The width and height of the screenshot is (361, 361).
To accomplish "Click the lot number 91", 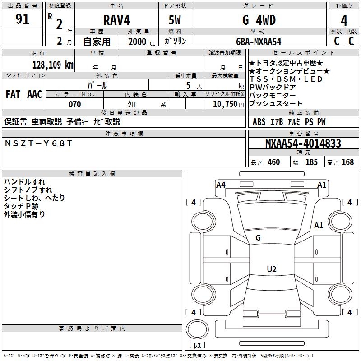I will pyautogui.click(x=23, y=19).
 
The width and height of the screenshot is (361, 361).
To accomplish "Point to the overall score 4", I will pyautogui.click(x=344, y=21).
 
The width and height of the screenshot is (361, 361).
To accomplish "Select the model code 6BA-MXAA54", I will pyautogui.click(x=259, y=42).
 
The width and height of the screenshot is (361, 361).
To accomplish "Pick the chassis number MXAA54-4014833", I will pyautogui.click(x=303, y=143).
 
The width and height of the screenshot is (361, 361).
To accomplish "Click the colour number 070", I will pyautogui.click(x=74, y=104).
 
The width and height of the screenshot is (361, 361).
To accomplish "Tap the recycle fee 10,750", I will pyautogui.click(x=225, y=104).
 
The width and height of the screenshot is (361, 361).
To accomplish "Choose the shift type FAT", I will pyautogui.click(x=13, y=94).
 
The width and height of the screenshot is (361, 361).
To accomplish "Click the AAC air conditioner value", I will pyautogui.click(x=35, y=94).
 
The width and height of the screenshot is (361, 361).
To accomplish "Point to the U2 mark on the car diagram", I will pyautogui.click(x=271, y=269).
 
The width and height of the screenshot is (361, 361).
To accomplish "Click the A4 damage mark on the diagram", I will pyautogui.click(x=221, y=185).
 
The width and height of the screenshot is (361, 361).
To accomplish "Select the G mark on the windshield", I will pyautogui.click(x=258, y=238).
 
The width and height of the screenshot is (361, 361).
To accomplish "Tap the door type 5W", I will pyautogui.click(x=176, y=20).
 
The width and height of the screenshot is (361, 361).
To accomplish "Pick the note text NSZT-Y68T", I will pyautogui.click(x=38, y=143).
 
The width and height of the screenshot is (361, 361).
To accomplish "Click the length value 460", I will pyautogui.click(x=273, y=162).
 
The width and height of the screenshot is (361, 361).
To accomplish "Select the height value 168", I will pyautogui.click(x=347, y=162).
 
